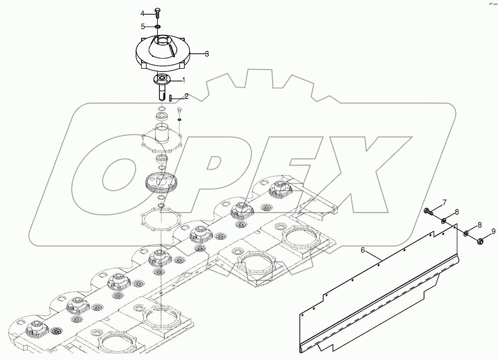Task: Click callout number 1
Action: [x=183, y=80]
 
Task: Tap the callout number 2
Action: [x=186, y=96]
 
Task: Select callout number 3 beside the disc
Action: [x=206, y=54]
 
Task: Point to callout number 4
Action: [x=142, y=13]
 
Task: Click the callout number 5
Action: [x=142, y=26]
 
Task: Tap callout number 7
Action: [x=444, y=203]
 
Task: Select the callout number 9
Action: [x=493, y=232]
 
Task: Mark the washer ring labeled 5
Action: [x=157, y=26]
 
